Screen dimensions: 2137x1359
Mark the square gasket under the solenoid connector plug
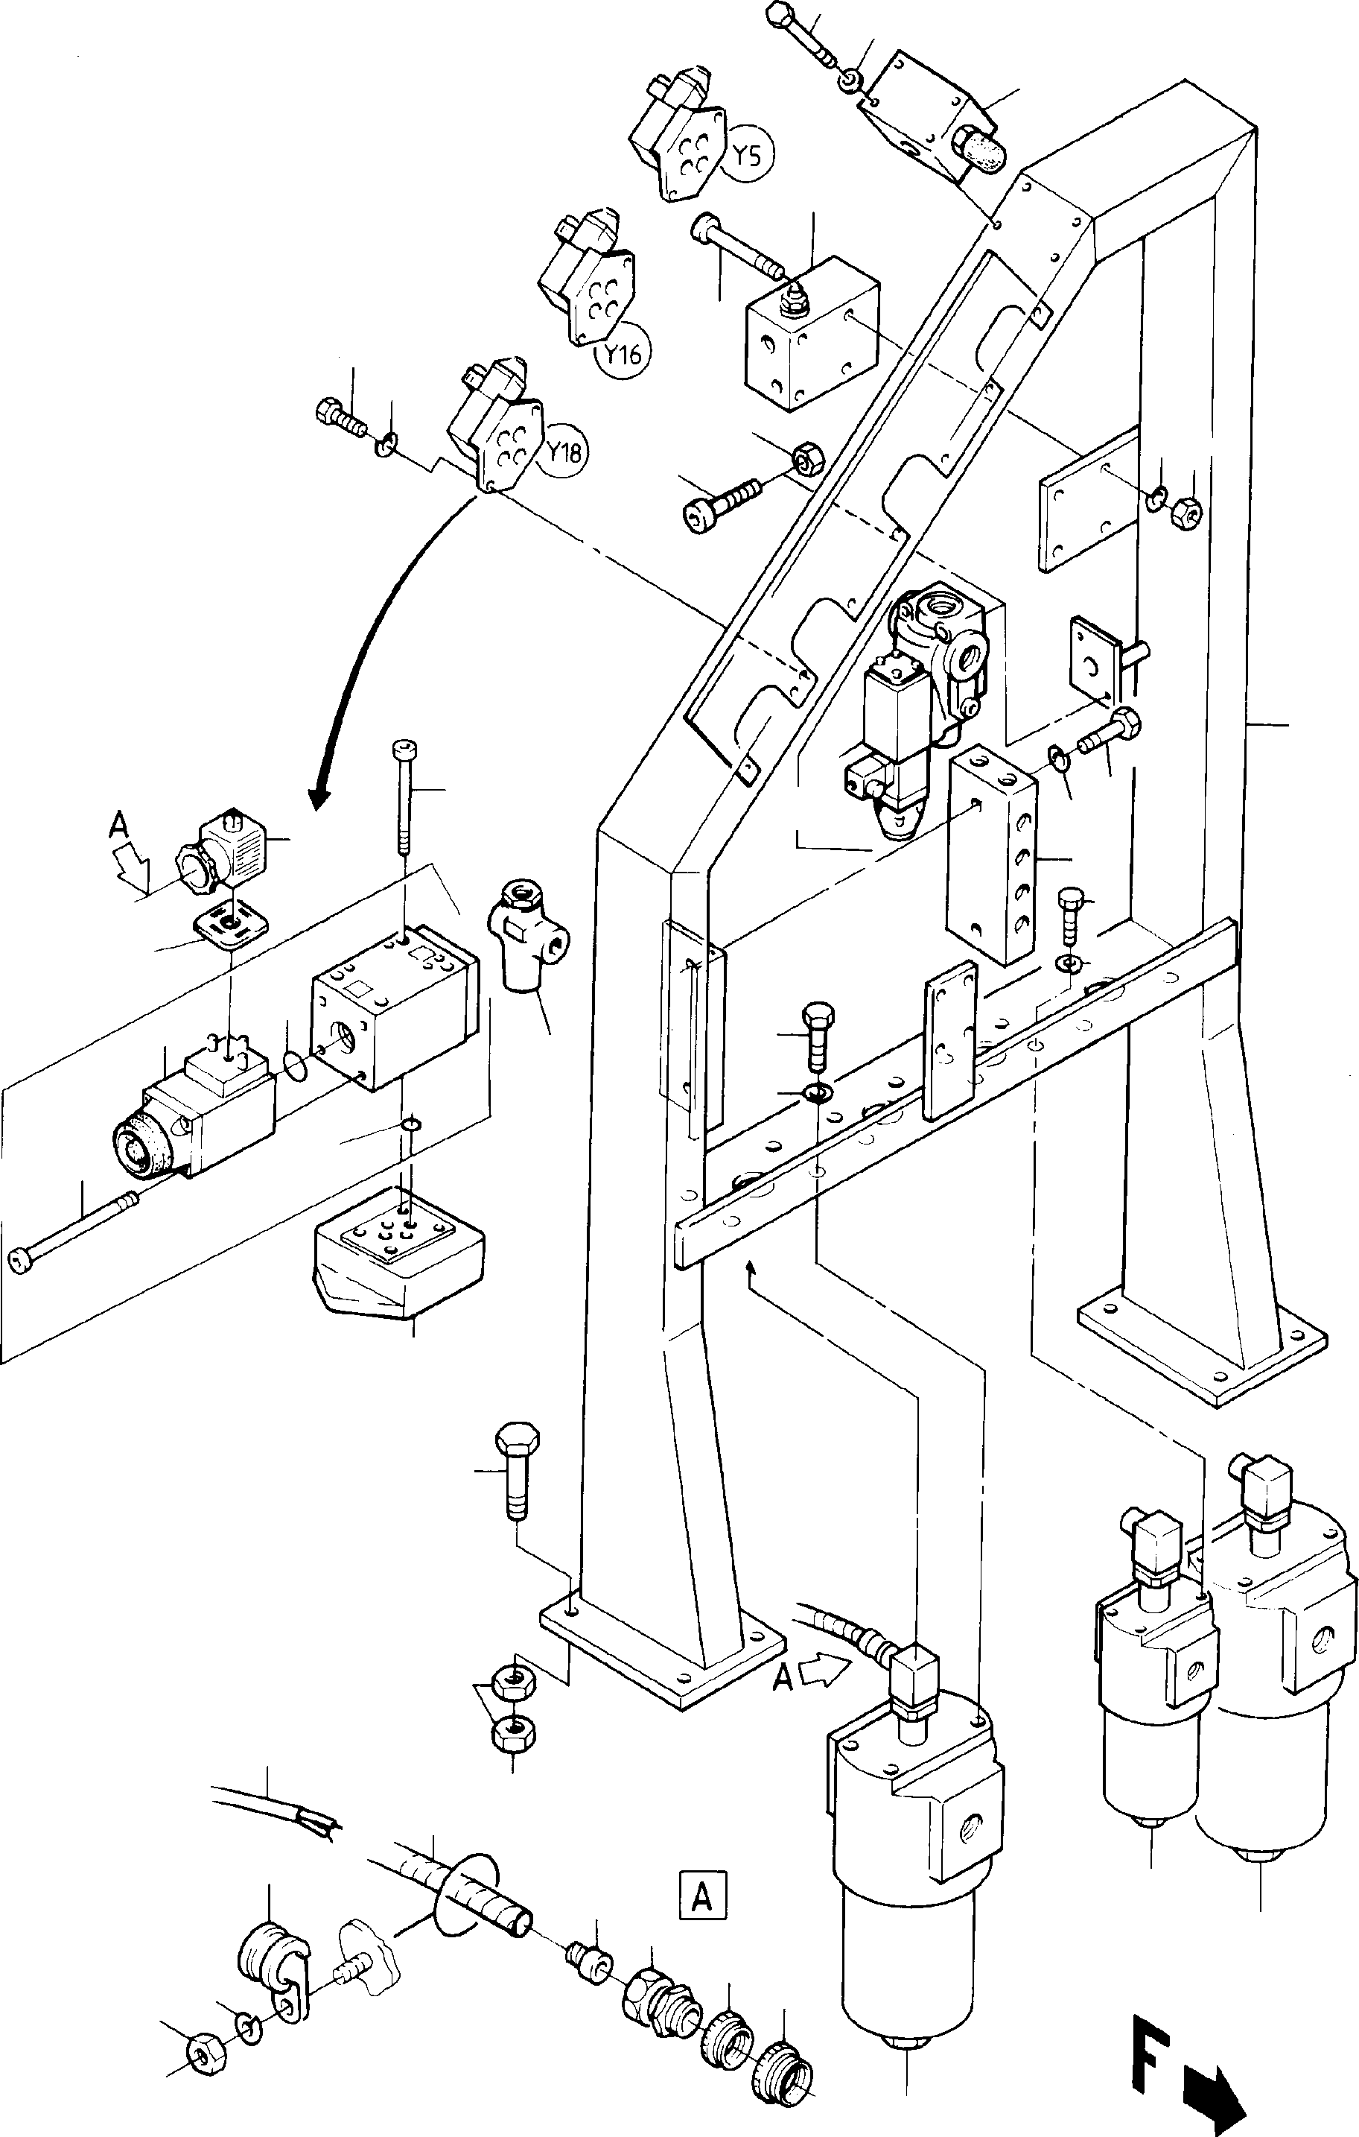click(230, 928)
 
